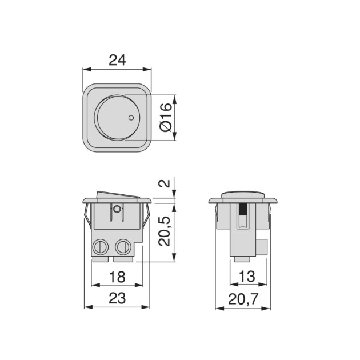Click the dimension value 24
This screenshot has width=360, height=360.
(x=117, y=59)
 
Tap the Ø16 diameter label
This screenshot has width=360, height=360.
(x=164, y=118)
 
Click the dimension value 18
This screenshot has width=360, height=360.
(x=117, y=277)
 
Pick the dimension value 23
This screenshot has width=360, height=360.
(x=117, y=298)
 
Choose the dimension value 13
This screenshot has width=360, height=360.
(x=247, y=277)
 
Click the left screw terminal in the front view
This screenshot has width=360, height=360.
(x=101, y=247)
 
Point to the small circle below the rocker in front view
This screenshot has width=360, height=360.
(x=117, y=209)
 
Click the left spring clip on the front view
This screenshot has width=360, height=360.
(x=86, y=216)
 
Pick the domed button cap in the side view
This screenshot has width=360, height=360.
(x=243, y=195)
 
